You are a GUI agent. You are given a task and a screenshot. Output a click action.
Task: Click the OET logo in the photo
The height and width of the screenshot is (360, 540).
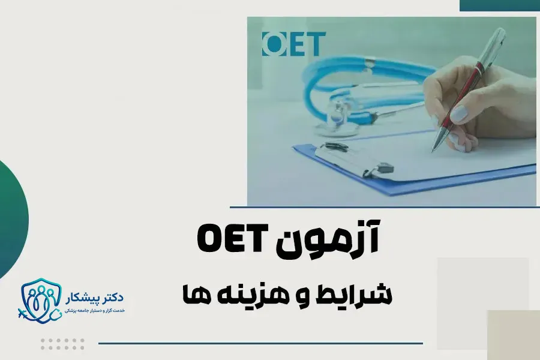pyautogui.click(x=293, y=44)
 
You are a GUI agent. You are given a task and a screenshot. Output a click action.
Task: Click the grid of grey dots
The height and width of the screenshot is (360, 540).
pyautogui.click(x=62, y=344)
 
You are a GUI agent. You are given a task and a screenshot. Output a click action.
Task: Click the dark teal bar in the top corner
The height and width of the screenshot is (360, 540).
pyautogui.click(x=499, y=5)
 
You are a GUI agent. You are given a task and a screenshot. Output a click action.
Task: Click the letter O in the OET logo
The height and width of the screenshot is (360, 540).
pyautogui.click(x=272, y=44)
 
